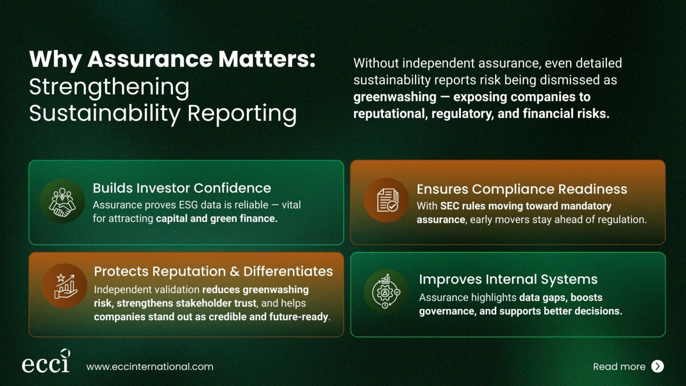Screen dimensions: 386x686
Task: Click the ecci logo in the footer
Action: point(46,361)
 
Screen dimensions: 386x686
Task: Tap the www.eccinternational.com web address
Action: point(150,366)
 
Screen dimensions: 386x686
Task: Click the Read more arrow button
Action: point(657,366)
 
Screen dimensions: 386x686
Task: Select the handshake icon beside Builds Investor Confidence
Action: point(63,202)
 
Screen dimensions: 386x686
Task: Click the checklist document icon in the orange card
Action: point(387,200)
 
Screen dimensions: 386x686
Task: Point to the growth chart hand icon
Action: point(65,286)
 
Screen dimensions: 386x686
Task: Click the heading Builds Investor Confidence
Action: point(182,188)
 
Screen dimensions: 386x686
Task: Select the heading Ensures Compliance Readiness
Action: point(522,189)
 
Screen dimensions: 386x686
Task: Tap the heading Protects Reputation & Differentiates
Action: point(213,271)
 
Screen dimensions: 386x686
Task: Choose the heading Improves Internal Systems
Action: point(508,279)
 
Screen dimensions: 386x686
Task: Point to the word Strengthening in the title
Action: point(109,87)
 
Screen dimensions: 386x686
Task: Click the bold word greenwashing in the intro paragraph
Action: point(395,97)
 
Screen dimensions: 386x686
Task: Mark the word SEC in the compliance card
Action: point(450,206)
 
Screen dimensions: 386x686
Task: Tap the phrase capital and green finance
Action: point(217,218)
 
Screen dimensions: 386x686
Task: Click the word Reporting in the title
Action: point(242,113)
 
